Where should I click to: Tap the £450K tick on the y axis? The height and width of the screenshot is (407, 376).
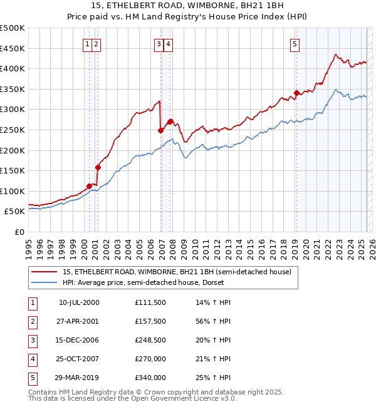13,48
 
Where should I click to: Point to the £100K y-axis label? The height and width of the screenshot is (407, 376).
13,191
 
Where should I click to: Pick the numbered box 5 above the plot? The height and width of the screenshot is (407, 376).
295,44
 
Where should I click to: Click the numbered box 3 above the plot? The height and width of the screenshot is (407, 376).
159,44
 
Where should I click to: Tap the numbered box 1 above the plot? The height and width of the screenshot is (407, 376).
86,44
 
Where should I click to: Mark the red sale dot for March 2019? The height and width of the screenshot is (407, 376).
296,93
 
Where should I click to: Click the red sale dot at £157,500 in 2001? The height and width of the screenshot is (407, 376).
98,167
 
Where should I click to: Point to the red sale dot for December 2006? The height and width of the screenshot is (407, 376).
161,130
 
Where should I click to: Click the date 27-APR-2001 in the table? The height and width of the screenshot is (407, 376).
79,321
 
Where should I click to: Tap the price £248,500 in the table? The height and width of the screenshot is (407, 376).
150,340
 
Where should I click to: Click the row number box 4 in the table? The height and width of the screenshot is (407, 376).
31,359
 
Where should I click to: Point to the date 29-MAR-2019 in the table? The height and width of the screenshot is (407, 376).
79,378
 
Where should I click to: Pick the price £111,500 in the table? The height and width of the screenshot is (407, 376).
150,302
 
